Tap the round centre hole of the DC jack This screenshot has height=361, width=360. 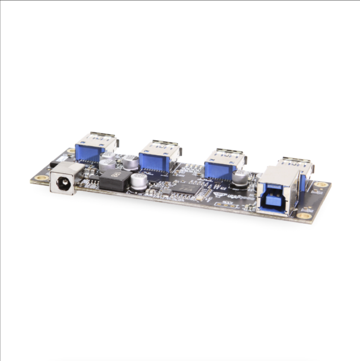[x=61, y=180]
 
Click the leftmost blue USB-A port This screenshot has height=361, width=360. [x=96, y=148]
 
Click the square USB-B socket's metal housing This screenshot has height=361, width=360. [x=278, y=188]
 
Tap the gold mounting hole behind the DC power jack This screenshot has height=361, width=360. [x=71, y=150]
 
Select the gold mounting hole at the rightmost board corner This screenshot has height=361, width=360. [x=321, y=185]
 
